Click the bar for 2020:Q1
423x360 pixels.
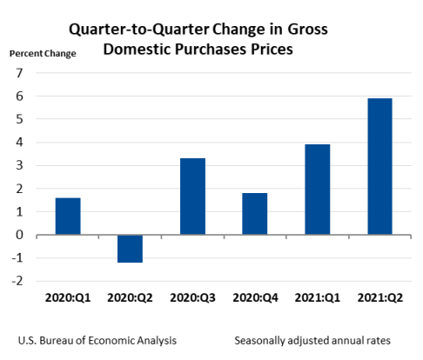[x=68, y=216]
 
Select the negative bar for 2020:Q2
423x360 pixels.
[x=131, y=249]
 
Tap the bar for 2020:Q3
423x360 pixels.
[x=192, y=196]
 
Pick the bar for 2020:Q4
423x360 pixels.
[x=254, y=213]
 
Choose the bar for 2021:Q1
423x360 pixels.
[x=317, y=189]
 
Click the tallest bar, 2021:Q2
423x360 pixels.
[x=379, y=166]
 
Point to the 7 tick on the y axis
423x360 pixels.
[x=18, y=73]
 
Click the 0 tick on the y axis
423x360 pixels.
[x=18, y=235]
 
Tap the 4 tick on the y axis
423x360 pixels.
[x=18, y=143]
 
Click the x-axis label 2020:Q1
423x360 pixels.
[x=68, y=297]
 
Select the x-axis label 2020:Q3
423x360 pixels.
[x=192, y=297]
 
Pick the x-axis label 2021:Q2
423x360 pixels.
[x=379, y=297]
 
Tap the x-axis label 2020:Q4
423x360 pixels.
[x=254, y=297]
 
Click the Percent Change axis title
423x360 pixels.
[x=43, y=54]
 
